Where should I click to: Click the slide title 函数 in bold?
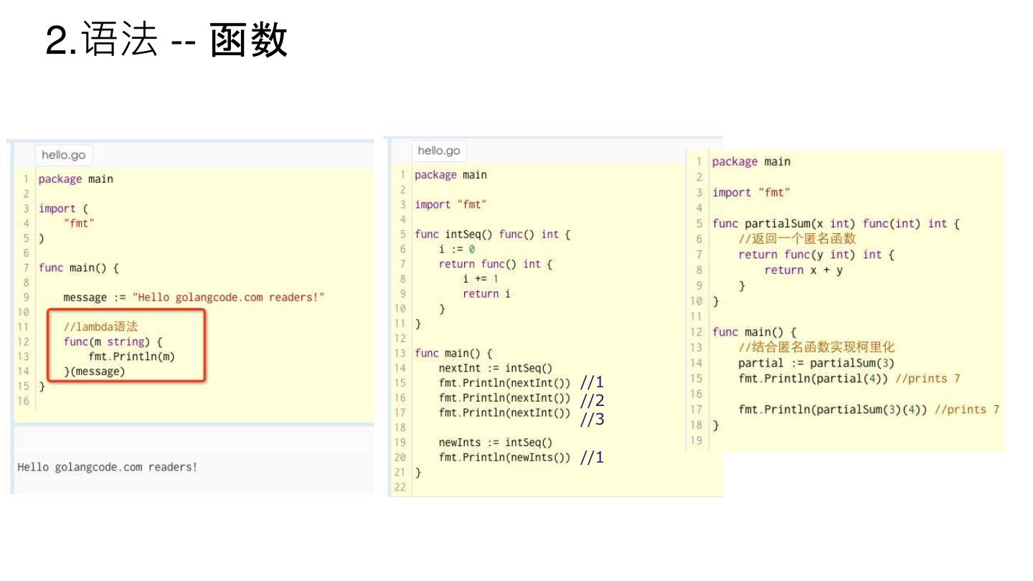coord(250,40)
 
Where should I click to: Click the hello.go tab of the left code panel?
coord(64,155)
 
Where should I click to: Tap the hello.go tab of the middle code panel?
coord(439,151)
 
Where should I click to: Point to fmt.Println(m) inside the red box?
coord(132,356)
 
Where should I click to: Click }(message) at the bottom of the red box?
coord(94,372)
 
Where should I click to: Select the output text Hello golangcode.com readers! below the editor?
coord(108,468)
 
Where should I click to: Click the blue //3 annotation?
coord(592,420)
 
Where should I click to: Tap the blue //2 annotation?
coord(592,400)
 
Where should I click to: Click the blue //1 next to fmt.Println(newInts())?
coord(592,458)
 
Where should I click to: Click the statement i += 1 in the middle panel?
coord(481,279)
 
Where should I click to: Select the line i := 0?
coord(457,249)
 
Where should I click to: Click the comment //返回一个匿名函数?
coord(797,239)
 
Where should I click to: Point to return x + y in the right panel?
coord(803,270)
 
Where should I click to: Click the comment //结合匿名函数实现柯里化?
coord(816,348)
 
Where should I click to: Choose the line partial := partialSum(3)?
coord(816,363)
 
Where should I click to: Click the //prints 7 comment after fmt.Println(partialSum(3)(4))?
coord(967,410)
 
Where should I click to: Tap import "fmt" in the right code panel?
coord(751,192)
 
